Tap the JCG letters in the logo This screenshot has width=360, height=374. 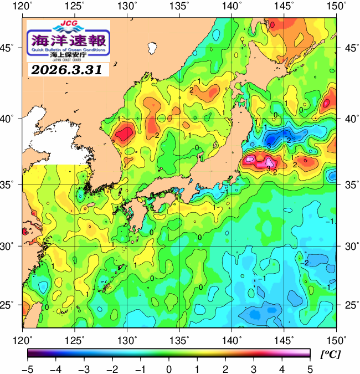point(68,24)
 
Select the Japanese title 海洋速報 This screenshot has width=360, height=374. point(68,40)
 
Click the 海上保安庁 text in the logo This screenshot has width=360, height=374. point(68,57)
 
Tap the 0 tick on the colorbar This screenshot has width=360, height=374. point(168,368)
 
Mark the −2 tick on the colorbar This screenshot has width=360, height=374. point(111,368)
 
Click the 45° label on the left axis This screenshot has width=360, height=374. point(11,48)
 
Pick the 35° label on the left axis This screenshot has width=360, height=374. point(11,185)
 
